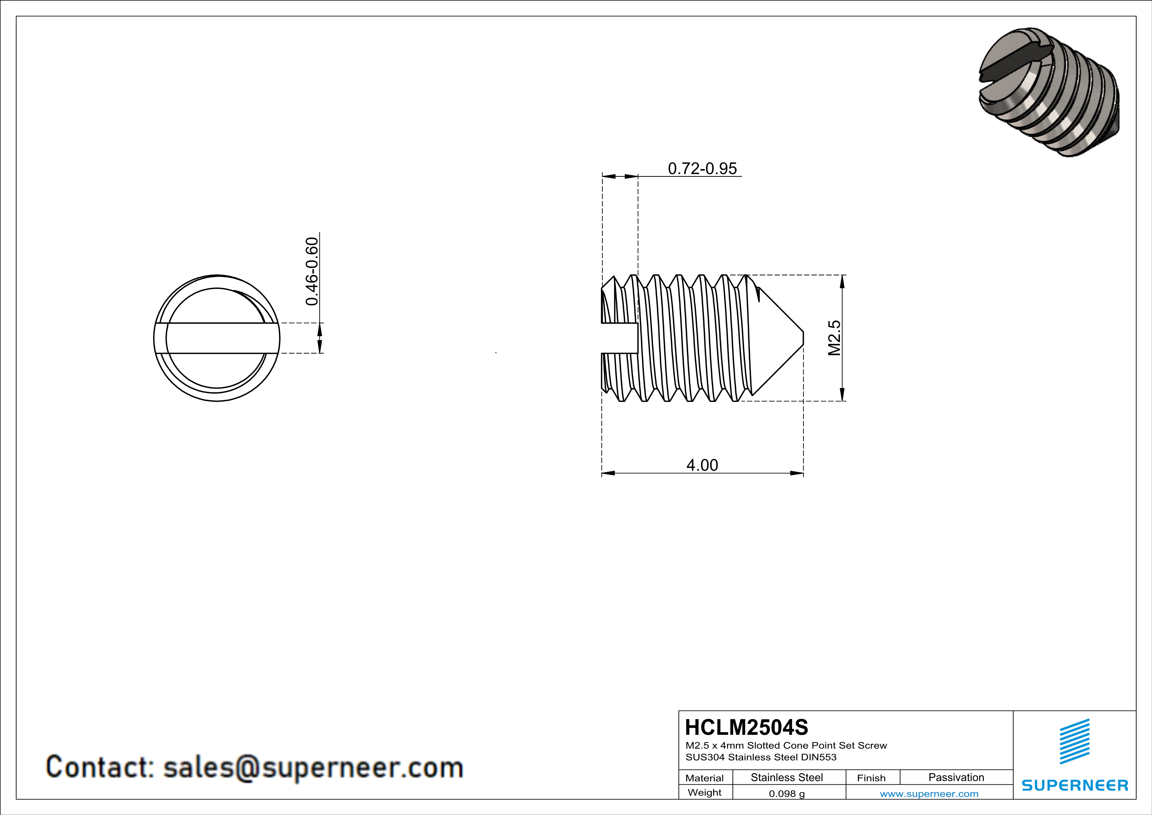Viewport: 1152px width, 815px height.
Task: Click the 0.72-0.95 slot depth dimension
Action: (x=702, y=169)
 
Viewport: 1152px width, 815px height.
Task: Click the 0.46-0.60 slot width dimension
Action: (x=312, y=271)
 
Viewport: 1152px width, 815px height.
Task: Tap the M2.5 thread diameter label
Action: (x=833, y=338)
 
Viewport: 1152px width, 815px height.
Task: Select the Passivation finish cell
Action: (x=956, y=777)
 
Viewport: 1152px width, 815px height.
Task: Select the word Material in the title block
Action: (x=705, y=778)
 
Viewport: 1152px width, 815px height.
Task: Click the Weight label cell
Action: (x=705, y=792)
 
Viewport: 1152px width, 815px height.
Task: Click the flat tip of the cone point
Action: (x=803, y=338)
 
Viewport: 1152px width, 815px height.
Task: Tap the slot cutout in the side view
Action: (x=619, y=338)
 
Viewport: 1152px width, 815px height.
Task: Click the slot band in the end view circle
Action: (x=217, y=338)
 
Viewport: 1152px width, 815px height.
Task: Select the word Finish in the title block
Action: (x=871, y=778)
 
